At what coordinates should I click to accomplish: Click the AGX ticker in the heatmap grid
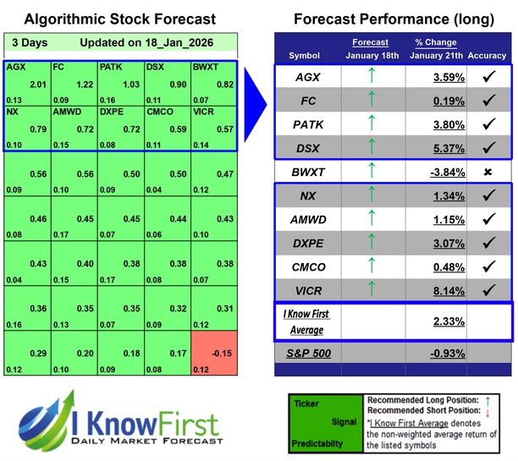pos(15,66)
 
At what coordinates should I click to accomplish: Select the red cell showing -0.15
pos(213,354)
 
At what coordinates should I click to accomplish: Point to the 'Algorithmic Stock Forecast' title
pos(118,19)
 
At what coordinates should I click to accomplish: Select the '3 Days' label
pos(29,42)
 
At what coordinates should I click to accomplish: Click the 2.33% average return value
pos(427,321)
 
